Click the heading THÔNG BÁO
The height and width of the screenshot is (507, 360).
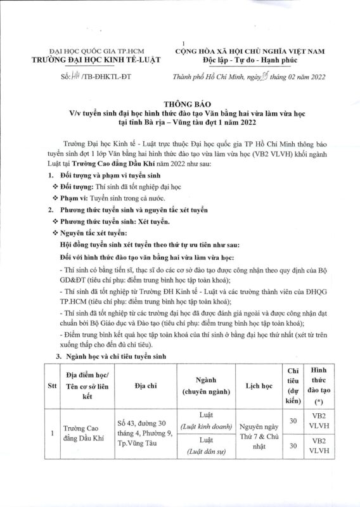point(180,101)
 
